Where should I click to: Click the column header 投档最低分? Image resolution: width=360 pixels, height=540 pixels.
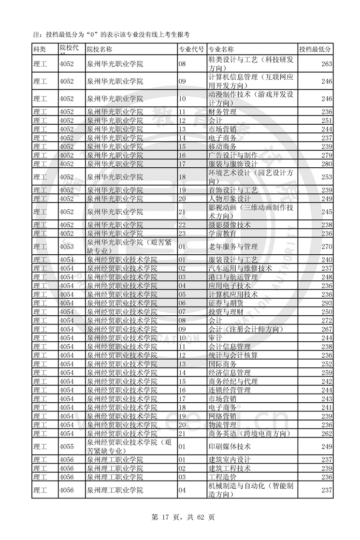click(315, 50)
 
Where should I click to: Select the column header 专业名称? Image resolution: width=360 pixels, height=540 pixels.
click(221, 50)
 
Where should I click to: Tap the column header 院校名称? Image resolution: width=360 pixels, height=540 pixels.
click(100, 50)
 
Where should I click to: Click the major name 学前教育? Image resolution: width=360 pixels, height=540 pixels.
click(222, 234)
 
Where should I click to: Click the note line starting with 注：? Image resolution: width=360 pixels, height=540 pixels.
click(111, 35)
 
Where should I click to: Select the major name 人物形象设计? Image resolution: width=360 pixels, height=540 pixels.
click(230, 199)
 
